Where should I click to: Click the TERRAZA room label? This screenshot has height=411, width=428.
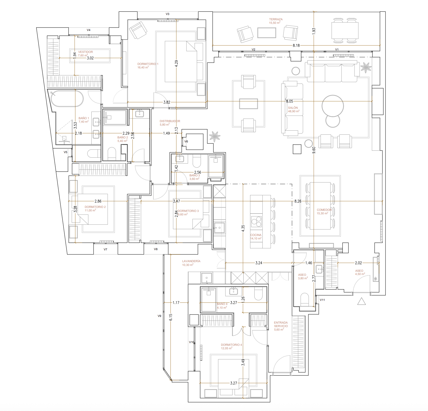pyautogui.click(x=276, y=19)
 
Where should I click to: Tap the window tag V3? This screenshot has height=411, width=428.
pyautogui.click(x=168, y=14)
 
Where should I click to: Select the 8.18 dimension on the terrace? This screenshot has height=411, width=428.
pyautogui.click(x=296, y=45)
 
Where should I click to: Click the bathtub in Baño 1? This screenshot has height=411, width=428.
pyautogui.click(x=67, y=98)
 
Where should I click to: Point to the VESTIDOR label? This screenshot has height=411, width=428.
pyautogui.click(x=85, y=52)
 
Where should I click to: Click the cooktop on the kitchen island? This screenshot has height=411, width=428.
pyautogui.click(x=256, y=221)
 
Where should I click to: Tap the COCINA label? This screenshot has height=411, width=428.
pyautogui.click(x=256, y=235)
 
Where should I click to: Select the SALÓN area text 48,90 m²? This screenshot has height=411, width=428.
pyautogui.click(x=294, y=111)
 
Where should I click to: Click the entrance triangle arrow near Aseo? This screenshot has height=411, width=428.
pyautogui.click(x=361, y=301)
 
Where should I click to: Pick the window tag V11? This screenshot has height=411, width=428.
pyautogui.click(x=322, y=300)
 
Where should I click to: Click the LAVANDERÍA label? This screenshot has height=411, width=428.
pyautogui.click(x=191, y=261)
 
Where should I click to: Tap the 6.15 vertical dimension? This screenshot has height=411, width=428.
pyautogui.click(x=170, y=317)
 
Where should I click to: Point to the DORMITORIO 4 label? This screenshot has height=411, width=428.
pyautogui.click(x=231, y=345)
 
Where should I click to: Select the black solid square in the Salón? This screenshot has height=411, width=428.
pyautogui.click(x=297, y=149)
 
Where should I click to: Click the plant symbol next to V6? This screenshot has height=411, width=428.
pyautogui.click(x=215, y=136)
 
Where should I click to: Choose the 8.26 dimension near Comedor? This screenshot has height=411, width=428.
pyautogui.click(x=298, y=201)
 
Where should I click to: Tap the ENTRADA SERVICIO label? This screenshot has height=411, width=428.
pyautogui.click(x=281, y=324)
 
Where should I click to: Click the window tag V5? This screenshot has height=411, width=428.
pyautogui.click(x=65, y=152)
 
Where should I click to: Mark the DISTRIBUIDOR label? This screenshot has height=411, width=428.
pyautogui.click(x=170, y=121)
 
